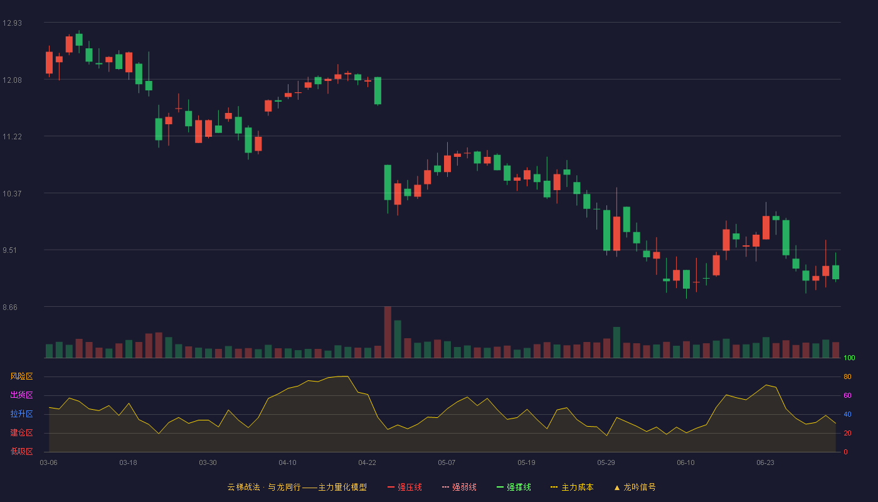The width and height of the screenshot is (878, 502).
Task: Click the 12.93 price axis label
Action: tap(12, 23)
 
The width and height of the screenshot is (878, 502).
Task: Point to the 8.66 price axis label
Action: tap(10, 307)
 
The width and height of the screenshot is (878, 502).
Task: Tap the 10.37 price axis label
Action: tap(12, 194)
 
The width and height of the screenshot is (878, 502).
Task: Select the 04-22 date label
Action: tap(367, 463)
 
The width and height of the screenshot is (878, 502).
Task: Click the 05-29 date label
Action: tap(606, 463)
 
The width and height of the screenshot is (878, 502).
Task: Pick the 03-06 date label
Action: tap(49, 463)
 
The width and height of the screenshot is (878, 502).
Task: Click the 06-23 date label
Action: tap(765, 463)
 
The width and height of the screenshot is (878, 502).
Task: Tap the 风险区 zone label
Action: tap(21, 376)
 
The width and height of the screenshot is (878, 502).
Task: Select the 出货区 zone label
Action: tap(21, 395)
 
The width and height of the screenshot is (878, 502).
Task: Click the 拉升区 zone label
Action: tap(21, 414)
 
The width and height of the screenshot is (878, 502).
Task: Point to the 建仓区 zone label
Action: tap(21, 432)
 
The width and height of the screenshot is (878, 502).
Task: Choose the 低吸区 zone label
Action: tap(21, 451)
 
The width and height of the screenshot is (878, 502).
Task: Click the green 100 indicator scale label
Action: tap(849, 358)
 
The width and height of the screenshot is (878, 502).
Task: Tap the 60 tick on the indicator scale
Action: tap(847, 395)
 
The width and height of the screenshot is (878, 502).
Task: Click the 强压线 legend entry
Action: tap(405, 487)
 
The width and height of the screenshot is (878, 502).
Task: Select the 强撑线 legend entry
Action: tap(514, 487)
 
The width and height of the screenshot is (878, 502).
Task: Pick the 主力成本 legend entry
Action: tap(572, 487)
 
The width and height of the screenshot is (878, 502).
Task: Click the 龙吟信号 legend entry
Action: tap(635, 487)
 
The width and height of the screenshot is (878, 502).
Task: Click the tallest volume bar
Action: tap(388, 332)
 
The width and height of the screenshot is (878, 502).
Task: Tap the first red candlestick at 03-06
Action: tap(49, 63)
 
